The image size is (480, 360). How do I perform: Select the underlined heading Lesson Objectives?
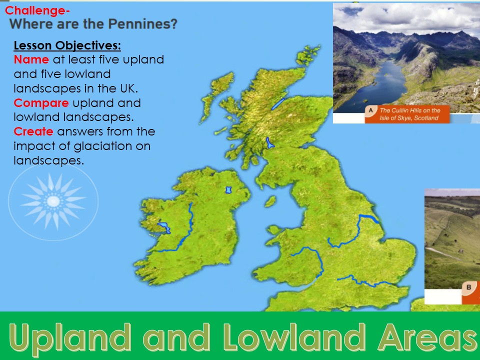(x=67, y=46)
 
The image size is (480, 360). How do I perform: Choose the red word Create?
(x=34, y=132)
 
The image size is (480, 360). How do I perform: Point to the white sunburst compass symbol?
(x=53, y=200)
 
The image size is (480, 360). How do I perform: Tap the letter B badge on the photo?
(x=469, y=287)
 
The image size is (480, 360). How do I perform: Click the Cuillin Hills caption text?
(x=409, y=114)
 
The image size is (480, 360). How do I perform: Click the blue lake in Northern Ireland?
(x=229, y=190)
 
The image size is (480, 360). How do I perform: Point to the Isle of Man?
(x=270, y=201)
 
